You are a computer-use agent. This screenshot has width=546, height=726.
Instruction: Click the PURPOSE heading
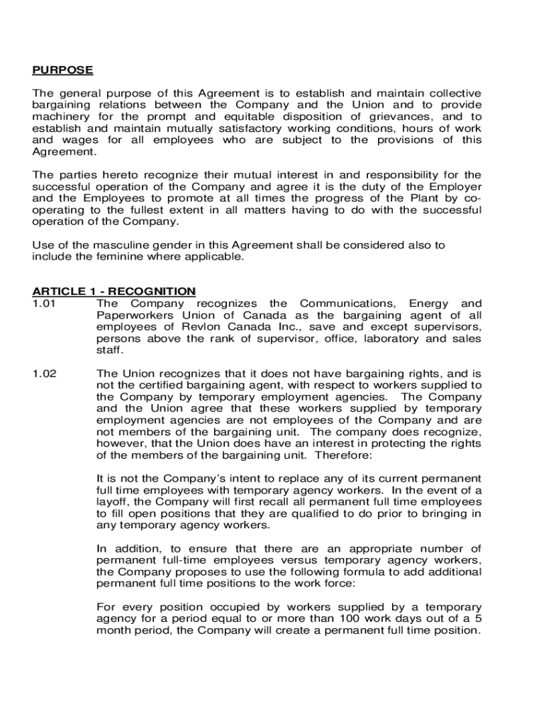62,70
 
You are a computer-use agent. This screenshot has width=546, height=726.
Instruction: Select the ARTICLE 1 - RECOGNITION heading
113,291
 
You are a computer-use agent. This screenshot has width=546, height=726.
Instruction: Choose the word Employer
455,186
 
